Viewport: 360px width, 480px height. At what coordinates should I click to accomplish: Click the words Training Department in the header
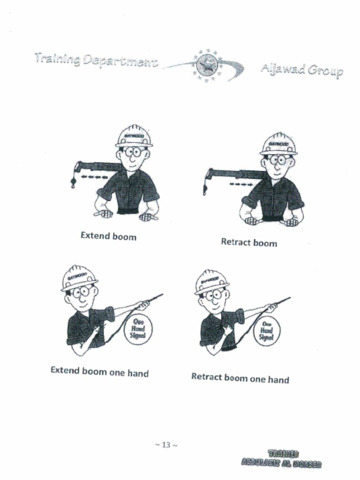coord(95,60)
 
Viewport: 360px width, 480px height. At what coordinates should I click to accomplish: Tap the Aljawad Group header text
coord(301,71)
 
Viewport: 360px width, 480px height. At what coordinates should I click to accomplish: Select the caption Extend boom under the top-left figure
coord(108,236)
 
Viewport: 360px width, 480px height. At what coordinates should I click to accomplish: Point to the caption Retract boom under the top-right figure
coord(249,242)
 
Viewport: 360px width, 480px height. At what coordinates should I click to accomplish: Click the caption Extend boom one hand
coord(99,373)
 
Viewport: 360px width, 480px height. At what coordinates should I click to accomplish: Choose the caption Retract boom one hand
coord(240,378)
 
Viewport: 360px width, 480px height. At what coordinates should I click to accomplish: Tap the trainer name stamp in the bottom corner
coord(281,459)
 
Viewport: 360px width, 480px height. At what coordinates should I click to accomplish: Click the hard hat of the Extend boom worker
coord(134,136)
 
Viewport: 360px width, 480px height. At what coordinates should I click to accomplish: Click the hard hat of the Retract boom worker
coord(278,144)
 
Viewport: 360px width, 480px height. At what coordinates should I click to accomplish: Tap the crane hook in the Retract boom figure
coord(205,190)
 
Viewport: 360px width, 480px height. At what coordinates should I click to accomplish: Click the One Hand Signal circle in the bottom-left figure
coord(138,329)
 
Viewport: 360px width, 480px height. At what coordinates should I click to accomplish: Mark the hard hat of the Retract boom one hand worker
coord(212,281)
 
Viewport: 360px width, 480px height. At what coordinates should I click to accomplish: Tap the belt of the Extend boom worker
coord(127,211)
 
